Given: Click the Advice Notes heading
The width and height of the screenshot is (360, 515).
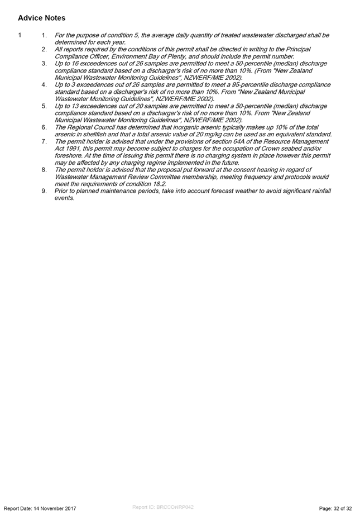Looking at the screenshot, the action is click(x=42, y=18).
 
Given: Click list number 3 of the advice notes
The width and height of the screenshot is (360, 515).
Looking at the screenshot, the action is click(x=44, y=63).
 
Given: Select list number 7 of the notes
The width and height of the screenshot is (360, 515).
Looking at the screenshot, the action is click(x=44, y=141).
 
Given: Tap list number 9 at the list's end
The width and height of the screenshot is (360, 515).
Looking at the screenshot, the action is click(x=44, y=191).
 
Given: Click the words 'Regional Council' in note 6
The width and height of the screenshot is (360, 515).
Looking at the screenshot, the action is click(x=88, y=127).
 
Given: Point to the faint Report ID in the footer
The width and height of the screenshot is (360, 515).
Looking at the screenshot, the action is click(x=163, y=507).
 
